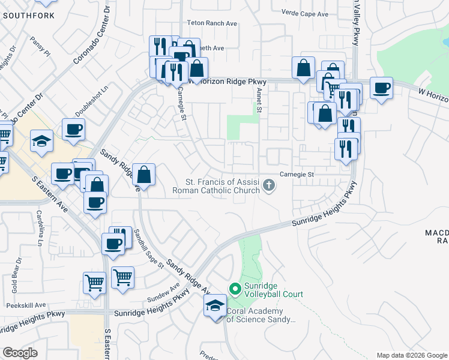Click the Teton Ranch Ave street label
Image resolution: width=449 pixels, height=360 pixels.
point(214,23)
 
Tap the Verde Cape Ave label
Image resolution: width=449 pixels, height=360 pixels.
point(306,14)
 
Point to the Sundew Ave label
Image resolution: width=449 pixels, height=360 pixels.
point(164,292)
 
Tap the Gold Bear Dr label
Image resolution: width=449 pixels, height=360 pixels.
point(16,275)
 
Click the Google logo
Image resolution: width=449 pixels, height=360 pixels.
point(20,353)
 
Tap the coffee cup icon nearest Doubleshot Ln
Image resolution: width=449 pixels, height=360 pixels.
point(73,129)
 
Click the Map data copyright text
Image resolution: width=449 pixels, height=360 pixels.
point(412,355)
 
